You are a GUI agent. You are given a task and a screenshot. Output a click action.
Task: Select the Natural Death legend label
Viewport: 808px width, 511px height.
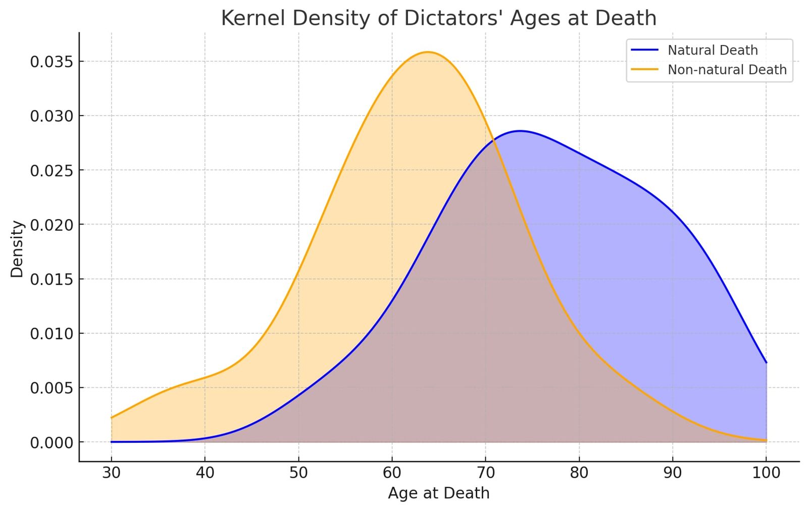[713, 50]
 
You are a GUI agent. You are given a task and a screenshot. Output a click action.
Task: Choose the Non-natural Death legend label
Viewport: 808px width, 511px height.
[727, 70]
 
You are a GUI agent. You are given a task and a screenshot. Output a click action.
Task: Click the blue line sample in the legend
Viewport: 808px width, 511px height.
[645, 50]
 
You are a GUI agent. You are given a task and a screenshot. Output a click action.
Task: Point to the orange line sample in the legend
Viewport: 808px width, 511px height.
[645, 70]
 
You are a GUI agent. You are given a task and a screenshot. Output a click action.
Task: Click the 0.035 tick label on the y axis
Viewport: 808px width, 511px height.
[52, 62]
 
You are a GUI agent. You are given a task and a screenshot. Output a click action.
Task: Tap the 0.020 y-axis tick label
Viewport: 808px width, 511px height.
[52, 225]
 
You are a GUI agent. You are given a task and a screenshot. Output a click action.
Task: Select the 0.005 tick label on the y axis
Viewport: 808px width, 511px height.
[52, 388]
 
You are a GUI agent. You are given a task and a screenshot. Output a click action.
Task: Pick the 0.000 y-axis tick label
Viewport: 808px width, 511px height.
[52, 442]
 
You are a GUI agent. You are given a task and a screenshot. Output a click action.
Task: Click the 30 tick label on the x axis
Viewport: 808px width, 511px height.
[111, 473]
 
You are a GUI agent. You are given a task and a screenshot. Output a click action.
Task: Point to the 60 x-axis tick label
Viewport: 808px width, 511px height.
[392, 473]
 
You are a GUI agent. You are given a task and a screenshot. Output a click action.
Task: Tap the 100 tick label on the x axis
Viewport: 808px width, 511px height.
[766, 473]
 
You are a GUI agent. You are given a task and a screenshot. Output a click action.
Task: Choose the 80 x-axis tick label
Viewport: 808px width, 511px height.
[579, 473]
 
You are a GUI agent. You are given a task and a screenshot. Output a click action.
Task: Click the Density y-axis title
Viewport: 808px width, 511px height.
[17, 248]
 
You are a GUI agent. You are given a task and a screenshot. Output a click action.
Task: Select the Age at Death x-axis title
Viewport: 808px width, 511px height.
[438, 493]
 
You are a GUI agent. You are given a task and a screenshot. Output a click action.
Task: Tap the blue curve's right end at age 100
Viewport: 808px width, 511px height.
[766, 363]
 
